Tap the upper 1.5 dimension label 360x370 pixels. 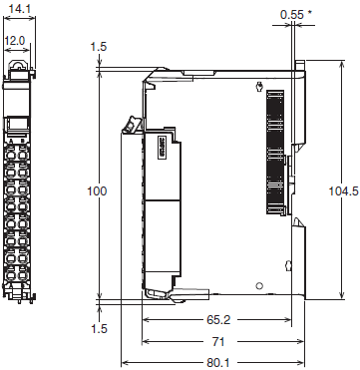point(97,47)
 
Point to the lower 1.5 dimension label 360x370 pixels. point(97,329)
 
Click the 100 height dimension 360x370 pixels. point(96,189)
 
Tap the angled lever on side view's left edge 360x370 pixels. point(129,126)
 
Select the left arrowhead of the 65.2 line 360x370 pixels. point(147,320)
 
